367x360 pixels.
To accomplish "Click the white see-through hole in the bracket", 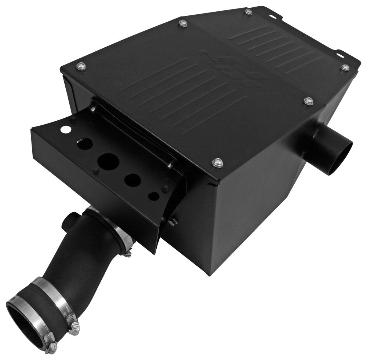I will tap(65, 129).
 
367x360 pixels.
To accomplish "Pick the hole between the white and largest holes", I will tap(84, 143).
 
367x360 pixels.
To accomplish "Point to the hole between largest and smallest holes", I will tap(132, 179).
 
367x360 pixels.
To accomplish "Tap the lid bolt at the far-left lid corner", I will tap(81, 66).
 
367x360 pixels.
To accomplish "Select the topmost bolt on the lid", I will tap(248, 12).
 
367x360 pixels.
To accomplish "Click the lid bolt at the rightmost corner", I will tap(344, 68).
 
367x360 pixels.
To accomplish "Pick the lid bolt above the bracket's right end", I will tap(218, 162).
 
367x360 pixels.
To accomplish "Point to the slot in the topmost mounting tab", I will tap(274, 16).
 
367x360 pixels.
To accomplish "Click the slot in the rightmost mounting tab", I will tap(340, 56).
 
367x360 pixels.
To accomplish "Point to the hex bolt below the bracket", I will tap(173, 221).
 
